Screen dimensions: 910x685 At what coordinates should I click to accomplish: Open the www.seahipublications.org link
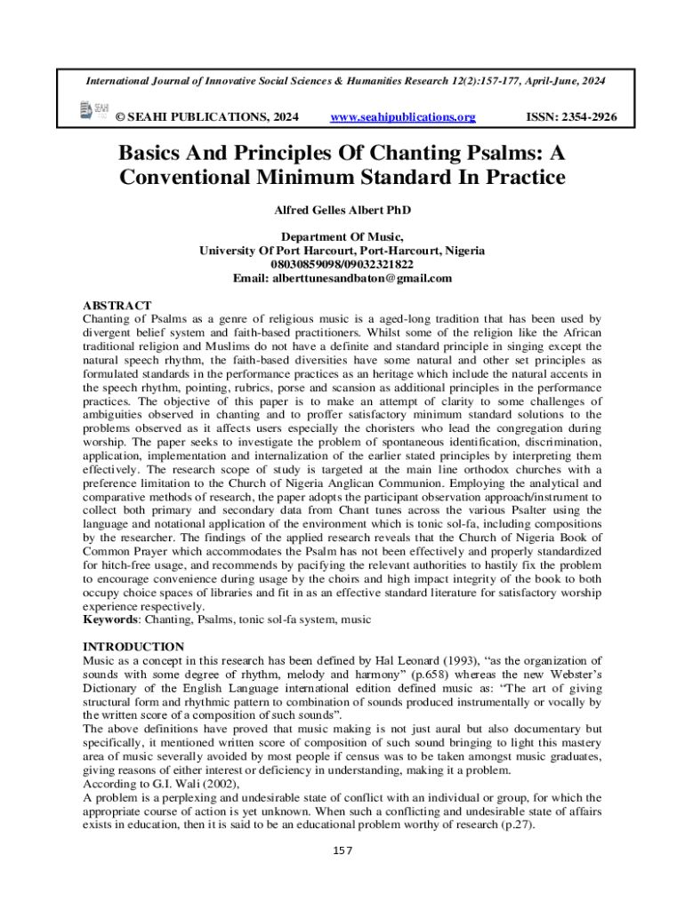click(402, 117)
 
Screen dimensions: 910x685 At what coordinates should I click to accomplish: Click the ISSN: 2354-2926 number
click(566, 117)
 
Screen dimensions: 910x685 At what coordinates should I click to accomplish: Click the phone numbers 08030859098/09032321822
click(342, 265)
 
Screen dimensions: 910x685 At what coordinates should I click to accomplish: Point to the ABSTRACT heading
click(117, 305)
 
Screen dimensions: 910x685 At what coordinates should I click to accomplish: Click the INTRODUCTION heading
click(133, 646)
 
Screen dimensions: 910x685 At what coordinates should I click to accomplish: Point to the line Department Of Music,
click(342, 237)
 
